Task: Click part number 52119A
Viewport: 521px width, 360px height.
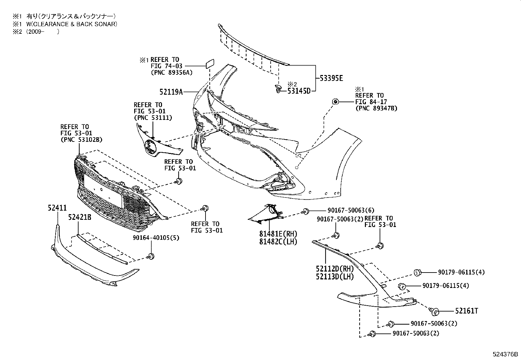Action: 171,92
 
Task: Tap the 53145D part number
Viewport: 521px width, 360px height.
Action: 299,91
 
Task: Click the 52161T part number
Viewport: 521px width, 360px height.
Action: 466,311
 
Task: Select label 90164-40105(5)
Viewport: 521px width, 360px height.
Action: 156,237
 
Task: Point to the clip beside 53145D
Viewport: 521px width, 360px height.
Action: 278,88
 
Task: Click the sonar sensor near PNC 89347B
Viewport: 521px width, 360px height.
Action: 335,102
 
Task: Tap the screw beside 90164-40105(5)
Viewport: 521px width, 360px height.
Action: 151,256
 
